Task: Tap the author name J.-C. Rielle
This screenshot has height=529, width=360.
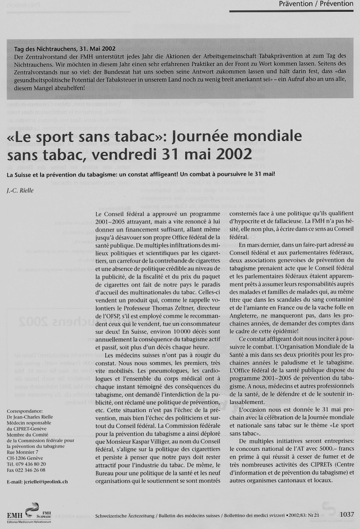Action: [20, 190]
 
